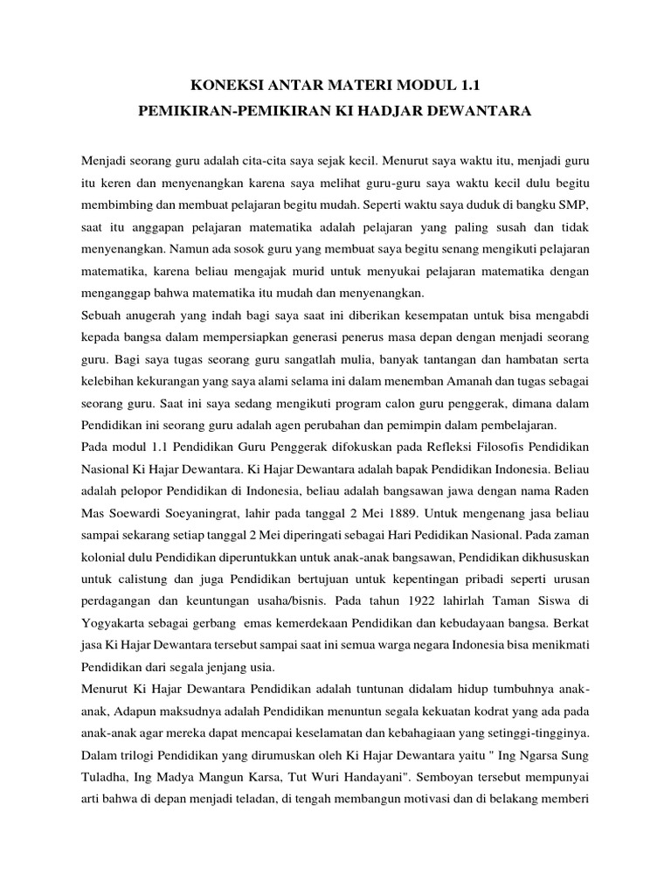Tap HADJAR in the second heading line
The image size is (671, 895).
(408, 113)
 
